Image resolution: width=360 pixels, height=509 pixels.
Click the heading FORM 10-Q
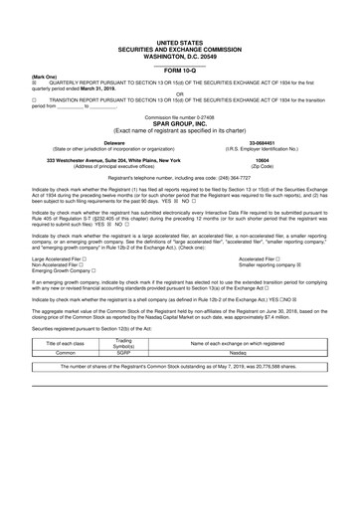coord(180,71)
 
